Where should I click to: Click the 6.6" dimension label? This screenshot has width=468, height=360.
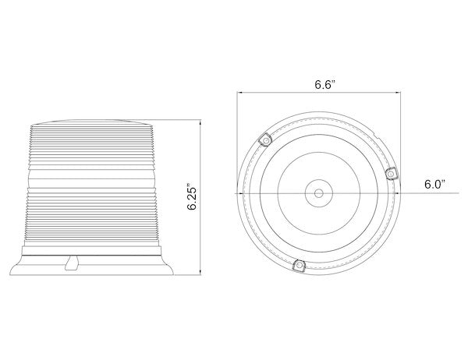325,84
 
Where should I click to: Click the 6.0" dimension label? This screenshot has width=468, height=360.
435,184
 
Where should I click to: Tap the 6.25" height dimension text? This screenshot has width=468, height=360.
193,199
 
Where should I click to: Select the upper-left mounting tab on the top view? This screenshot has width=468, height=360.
265,139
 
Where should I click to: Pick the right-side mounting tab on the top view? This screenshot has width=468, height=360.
391,174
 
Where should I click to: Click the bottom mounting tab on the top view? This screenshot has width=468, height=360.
300,265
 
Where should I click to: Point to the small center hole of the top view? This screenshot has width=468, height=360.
319,193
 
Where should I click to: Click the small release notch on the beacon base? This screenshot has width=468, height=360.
71,263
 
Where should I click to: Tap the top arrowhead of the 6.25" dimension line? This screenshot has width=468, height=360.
200,122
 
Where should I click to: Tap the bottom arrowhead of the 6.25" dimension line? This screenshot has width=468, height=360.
200,273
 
